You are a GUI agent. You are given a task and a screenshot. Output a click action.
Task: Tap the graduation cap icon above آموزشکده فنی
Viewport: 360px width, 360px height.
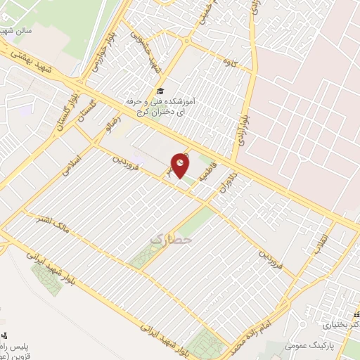point(161,91)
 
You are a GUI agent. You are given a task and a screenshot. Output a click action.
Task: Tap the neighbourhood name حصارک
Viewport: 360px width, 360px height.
point(165,240)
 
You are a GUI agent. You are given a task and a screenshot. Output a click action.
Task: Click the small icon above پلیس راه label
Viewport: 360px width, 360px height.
point(6,335)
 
